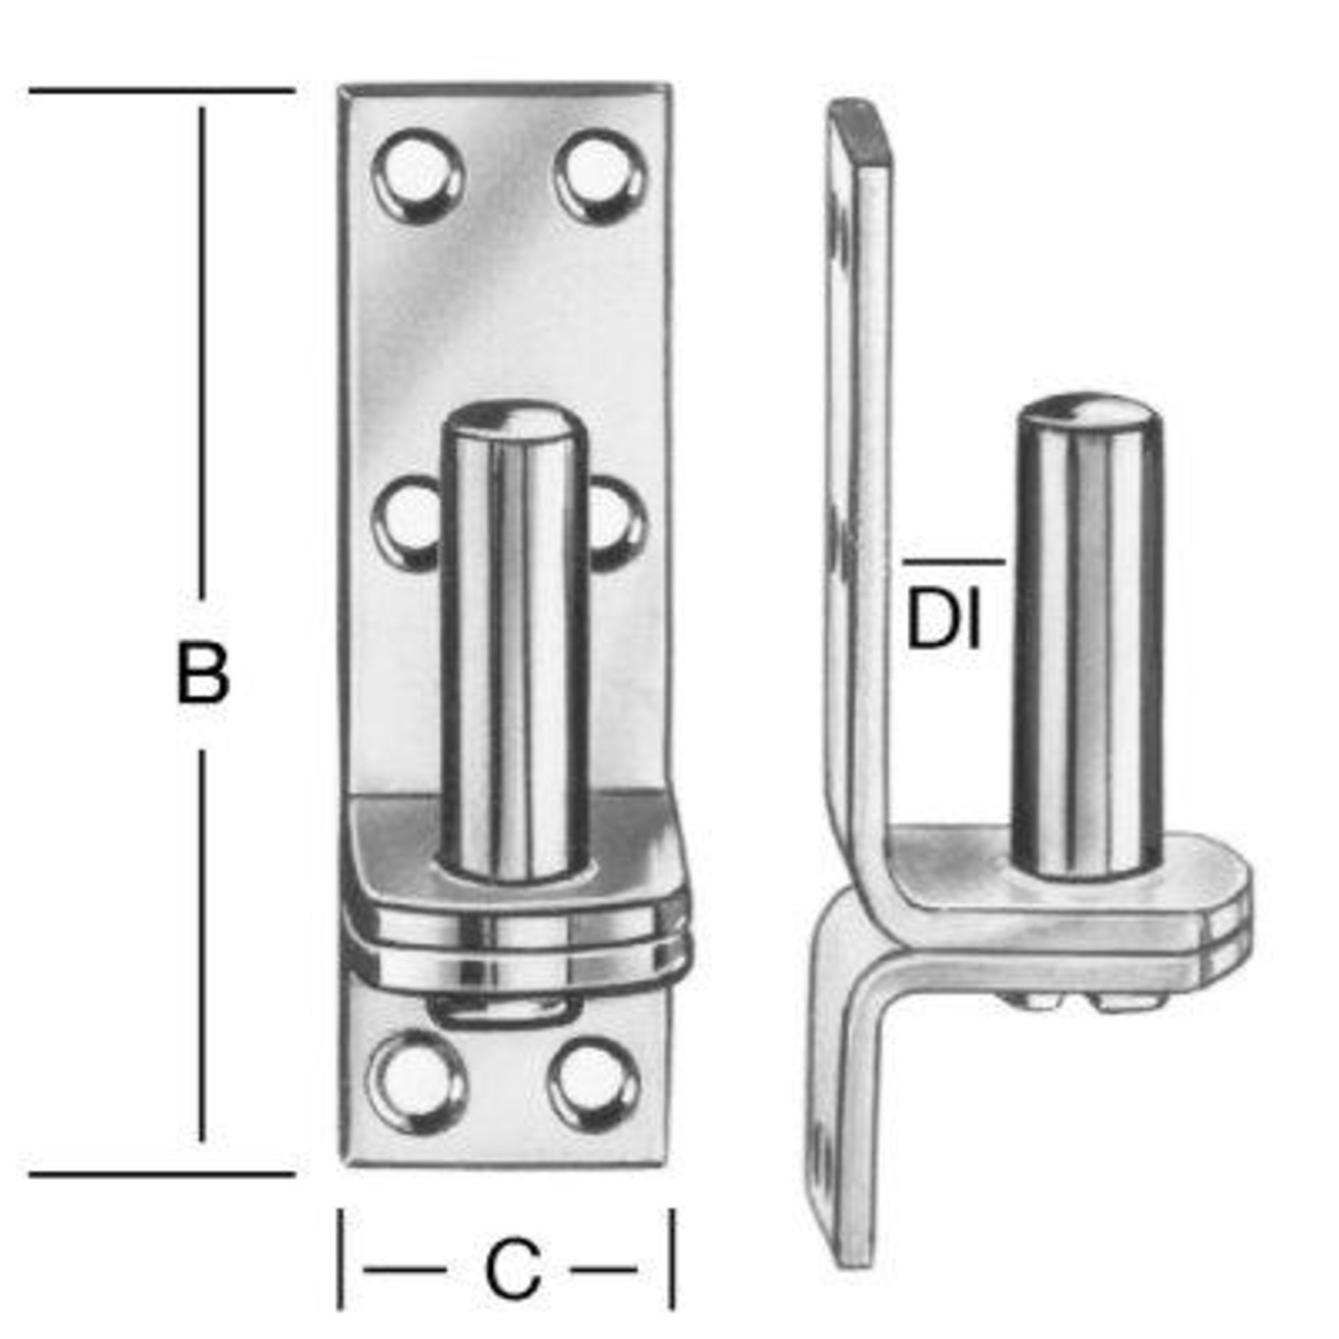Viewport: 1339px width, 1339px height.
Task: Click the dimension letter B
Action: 202,672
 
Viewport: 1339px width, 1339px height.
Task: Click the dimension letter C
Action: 513,1230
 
